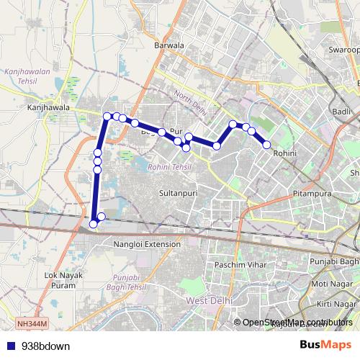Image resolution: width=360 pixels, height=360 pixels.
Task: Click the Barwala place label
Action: tap(169, 45)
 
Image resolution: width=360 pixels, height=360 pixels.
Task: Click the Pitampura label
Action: tap(312, 194)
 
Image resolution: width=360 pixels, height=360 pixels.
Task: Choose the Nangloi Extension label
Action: tap(147, 244)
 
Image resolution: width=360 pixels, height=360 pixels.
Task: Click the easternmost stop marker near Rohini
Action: tap(267, 145)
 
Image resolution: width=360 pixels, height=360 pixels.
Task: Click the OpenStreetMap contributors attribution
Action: tap(297, 322)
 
